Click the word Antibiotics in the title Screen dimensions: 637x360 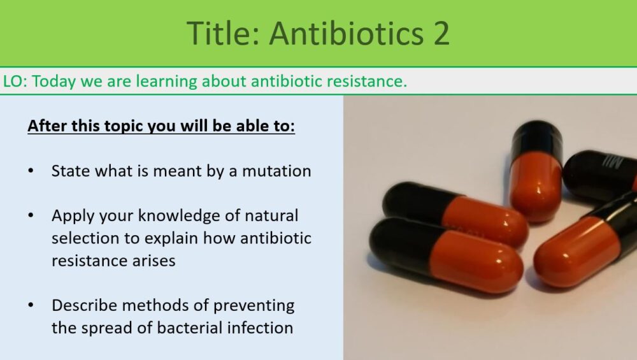pyautogui.click(x=346, y=33)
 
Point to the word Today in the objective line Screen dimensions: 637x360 pyautogui.click(x=54, y=82)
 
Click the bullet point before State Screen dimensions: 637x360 pyautogui.click(x=31, y=171)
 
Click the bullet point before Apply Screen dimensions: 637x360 pyautogui.click(x=31, y=216)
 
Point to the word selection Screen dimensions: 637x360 pyautogui.click(x=86, y=238)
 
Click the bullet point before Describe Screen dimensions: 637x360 pyautogui.click(x=31, y=305)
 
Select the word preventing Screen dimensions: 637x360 pyautogui.click(x=254, y=306)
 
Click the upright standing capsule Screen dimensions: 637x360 pyautogui.click(x=536, y=171)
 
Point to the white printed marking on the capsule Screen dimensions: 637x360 pyautogui.click(x=615, y=161)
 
